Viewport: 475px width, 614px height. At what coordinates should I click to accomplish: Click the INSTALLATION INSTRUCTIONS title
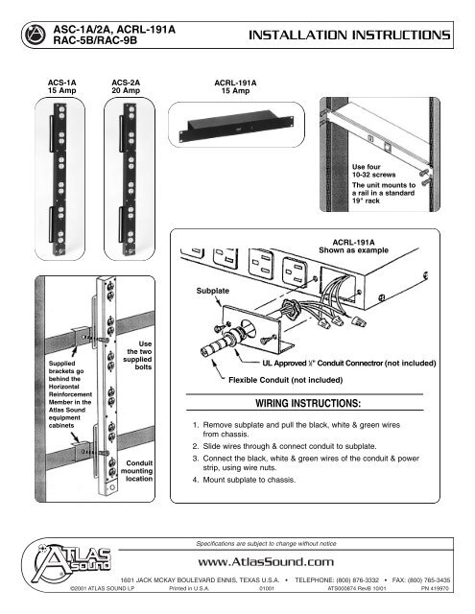(348, 35)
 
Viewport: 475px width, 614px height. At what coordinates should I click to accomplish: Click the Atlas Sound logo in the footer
(61, 563)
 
